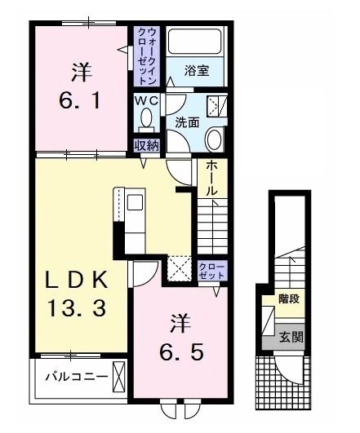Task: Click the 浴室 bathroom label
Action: pyautogui.click(x=196, y=71)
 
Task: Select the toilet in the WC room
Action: pyautogui.click(x=146, y=119)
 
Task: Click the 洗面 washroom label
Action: pyautogui.click(x=187, y=122)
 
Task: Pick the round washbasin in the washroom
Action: pyautogui.click(x=215, y=139)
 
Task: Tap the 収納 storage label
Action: pyautogui.click(x=147, y=146)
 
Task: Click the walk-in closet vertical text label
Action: pyautogui.click(x=147, y=55)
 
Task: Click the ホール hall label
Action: pyautogui.click(x=211, y=176)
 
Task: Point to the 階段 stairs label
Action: pyautogui.click(x=288, y=299)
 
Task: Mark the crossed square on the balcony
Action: pyautogui.click(x=118, y=378)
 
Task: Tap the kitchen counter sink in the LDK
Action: pyautogui.click(x=134, y=201)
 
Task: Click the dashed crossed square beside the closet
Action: pyautogui.click(x=180, y=267)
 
